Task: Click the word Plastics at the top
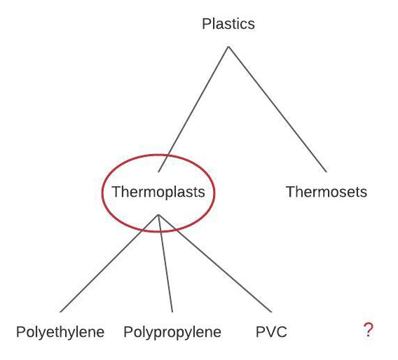pyautogui.click(x=228, y=24)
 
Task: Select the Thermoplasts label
pyautogui.click(x=158, y=191)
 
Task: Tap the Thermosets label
pyautogui.click(x=327, y=191)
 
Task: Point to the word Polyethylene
pyautogui.click(x=60, y=332)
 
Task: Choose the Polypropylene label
pyautogui.click(x=172, y=332)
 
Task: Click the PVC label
pyautogui.click(x=271, y=331)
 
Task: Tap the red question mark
pyautogui.click(x=369, y=330)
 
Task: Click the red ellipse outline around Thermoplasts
pyautogui.click(x=102, y=193)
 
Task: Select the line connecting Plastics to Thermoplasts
pyautogui.click(x=193, y=109)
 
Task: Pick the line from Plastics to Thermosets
pyautogui.click(x=277, y=109)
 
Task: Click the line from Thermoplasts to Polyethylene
pyautogui.click(x=109, y=263)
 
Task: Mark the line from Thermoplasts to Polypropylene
pyautogui.click(x=165, y=263)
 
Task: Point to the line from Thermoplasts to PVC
pyautogui.click(x=215, y=263)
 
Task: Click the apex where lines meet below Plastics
pyautogui.click(x=228, y=47)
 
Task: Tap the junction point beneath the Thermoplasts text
pyautogui.click(x=158, y=215)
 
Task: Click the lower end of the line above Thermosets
pyautogui.click(x=326, y=172)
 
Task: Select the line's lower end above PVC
pyautogui.click(x=272, y=312)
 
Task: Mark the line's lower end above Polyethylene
pyautogui.click(x=60, y=312)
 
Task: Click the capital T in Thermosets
pyautogui.click(x=291, y=192)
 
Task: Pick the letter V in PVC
pyautogui.click(x=271, y=332)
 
